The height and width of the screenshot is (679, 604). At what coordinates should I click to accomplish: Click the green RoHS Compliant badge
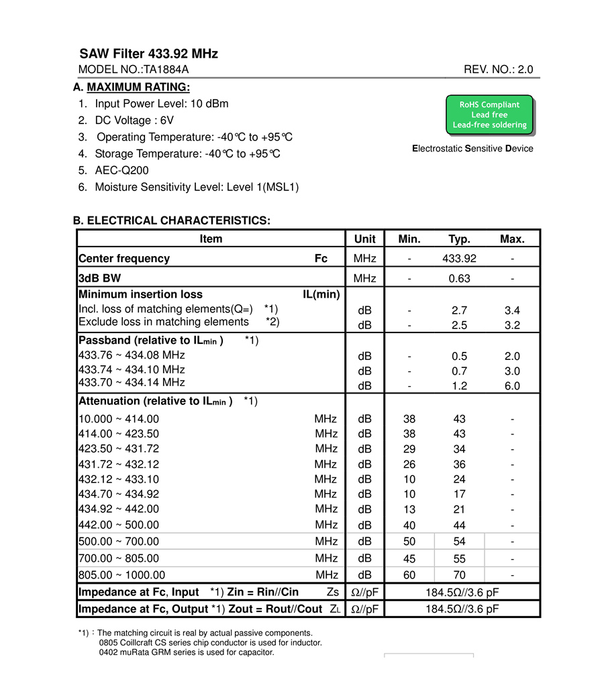pyautogui.click(x=490, y=115)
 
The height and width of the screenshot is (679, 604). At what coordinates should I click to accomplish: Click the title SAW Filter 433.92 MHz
pyautogui.click(x=148, y=54)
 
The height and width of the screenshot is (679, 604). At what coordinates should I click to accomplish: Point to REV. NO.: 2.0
pyautogui.click(x=498, y=70)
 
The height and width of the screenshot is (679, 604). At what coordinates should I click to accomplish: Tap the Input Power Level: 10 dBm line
pyautogui.click(x=161, y=104)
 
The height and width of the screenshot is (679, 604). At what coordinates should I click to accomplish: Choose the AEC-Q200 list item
pyautogui.click(x=121, y=170)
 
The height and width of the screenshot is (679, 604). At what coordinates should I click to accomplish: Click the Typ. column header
pyautogui.click(x=459, y=239)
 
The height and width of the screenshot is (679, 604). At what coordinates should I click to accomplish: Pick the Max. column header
pyautogui.click(x=512, y=239)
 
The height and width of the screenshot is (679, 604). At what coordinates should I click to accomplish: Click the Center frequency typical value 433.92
pyautogui.click(x=459, y=259)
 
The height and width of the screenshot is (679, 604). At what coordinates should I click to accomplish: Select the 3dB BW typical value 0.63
pyautogui.click(x=459, y=278)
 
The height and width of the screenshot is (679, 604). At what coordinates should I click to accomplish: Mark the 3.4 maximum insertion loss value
pyautogui.click(x=512, y=310)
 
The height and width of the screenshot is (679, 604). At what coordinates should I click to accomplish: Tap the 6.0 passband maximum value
pyautogui.click(x=512, y=386)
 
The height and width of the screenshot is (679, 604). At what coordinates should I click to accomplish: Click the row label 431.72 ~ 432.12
pyautogui.click(x=119, y=464)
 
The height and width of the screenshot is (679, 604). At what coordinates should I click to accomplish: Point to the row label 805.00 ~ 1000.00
pyautogui.click(x=121, y=575)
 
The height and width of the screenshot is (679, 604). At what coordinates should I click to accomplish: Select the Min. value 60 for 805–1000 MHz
pyautogui.click(x=409, y=575)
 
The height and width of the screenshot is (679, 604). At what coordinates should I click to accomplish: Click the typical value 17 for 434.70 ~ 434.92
pyautogui.click(x=459, y=495)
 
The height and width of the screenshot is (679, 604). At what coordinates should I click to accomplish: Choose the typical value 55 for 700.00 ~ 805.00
pyautogui.click(x=459, y=558)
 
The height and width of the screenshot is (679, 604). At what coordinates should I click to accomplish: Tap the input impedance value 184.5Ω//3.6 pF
pyautogui.click(x=462, y=592)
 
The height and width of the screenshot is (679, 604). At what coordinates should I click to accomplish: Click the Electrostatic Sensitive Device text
pyautogui.click(x=472, y=149)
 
